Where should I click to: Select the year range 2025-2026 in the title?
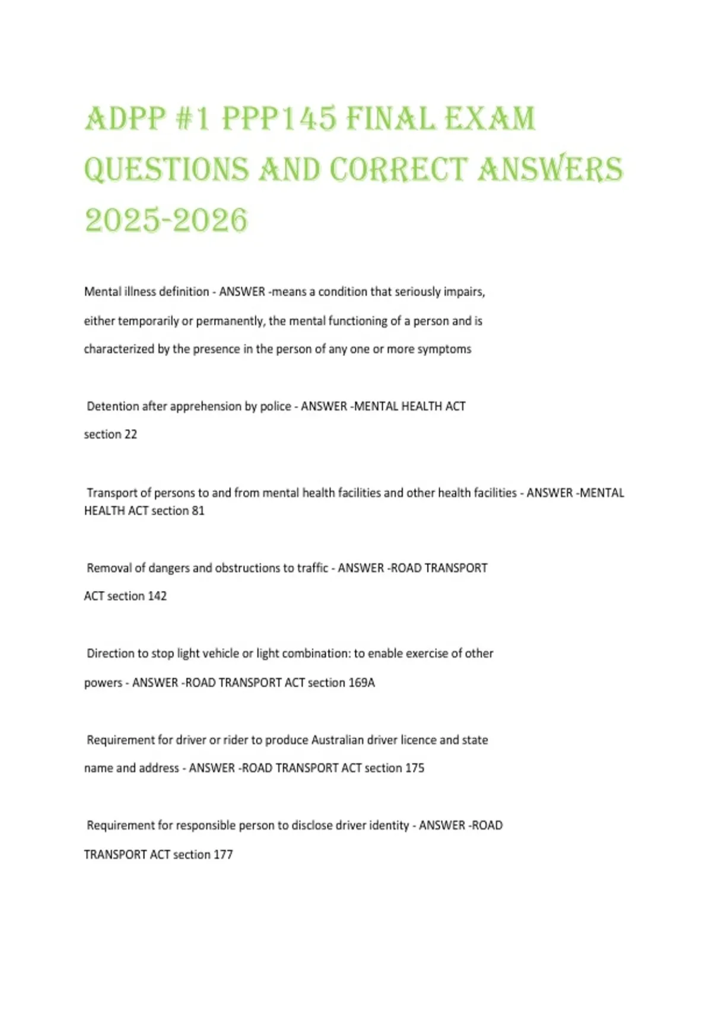point(166,221)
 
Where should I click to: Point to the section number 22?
point(131,434)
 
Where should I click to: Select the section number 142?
point(157,596)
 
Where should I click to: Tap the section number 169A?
point(361,683)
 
